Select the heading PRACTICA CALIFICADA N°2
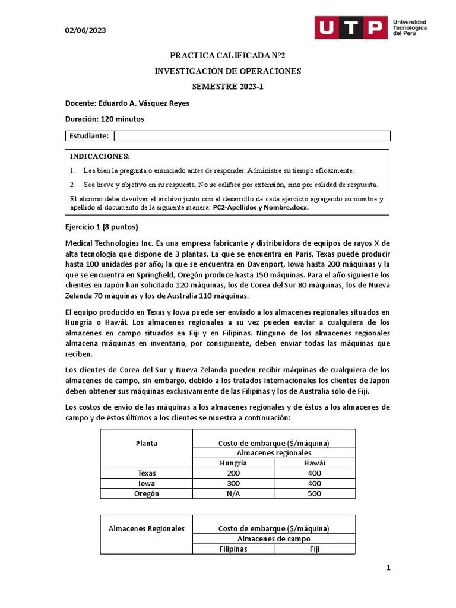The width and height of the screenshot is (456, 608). click(227, 56)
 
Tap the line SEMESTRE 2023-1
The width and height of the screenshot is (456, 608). click(227, 87)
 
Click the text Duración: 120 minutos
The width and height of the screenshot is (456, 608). click(104, 119)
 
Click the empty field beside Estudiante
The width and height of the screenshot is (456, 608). click(252, 136)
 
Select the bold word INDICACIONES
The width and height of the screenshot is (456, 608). click(99, 156)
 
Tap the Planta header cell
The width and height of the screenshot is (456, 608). click(147, 443)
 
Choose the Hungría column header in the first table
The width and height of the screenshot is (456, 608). click(233, 463)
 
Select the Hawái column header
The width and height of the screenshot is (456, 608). click(315, 463)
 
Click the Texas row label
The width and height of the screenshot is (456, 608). click(147, 473)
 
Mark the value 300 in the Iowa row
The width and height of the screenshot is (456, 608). click(233, 483)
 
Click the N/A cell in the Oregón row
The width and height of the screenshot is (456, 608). click(233, 493)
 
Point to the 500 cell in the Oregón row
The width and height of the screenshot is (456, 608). click(315, 493)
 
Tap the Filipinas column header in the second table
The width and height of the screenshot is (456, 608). click(233, 549)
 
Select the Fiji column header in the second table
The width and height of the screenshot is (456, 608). click(315, 549)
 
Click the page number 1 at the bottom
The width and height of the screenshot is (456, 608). click(389, 568)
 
